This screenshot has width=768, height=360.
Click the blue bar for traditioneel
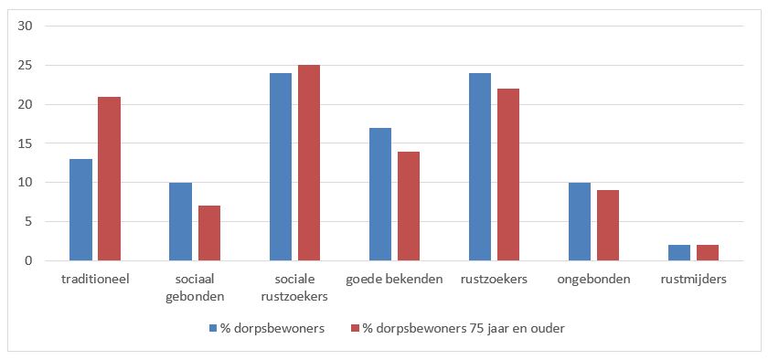[80, 210]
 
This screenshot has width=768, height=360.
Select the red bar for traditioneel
[109, 179]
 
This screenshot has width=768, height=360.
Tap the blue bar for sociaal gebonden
[180, 222]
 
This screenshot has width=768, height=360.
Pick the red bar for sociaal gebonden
[208, 234]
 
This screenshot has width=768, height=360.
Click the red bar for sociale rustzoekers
[309, 163]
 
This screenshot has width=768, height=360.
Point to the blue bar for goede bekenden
[380, 195]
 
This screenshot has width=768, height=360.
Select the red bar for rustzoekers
[508, 175]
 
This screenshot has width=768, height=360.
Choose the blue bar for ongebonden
[581, 222]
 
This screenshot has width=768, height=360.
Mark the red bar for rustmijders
[709, 253]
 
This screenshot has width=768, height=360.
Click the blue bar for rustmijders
[680, 253]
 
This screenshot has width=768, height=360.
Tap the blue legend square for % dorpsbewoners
[212, 329]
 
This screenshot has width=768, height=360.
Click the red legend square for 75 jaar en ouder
[355, 329]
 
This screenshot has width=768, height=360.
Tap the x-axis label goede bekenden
[395, 280]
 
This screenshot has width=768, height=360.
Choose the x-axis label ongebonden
[594, 280]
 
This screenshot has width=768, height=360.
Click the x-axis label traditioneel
[95, 280]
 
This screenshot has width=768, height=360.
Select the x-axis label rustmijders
[694, 280]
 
